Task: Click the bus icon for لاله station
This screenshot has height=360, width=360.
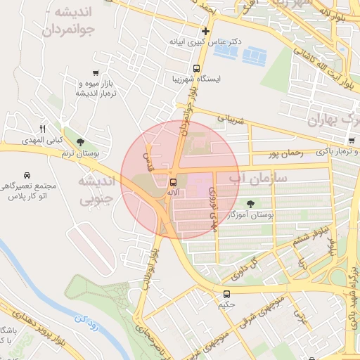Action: pos(174,181)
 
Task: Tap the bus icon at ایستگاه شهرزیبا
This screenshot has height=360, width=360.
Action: pos(196,69)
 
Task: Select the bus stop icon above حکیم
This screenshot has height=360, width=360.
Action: pos(226,294)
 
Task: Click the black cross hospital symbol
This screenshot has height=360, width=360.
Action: pos(205,31)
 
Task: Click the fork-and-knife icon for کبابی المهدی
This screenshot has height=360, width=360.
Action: pos(42,129)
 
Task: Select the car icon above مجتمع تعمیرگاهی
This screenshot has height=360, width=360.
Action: pos(26,174)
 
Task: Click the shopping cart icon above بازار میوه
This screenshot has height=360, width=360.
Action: pos(95,73)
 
